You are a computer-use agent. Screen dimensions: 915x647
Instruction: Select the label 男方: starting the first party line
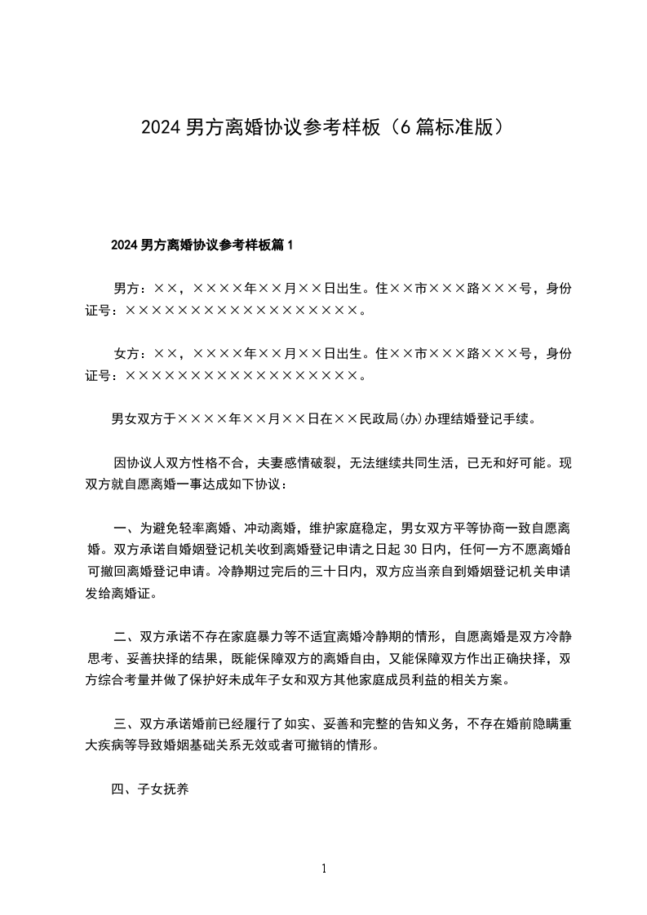pos(130,288)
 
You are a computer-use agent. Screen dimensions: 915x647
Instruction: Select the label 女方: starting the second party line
pos(130,354)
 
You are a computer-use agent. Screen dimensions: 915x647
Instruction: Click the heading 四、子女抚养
pos(151,789)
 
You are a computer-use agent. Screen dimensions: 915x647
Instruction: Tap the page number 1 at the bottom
pos(324,869)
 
